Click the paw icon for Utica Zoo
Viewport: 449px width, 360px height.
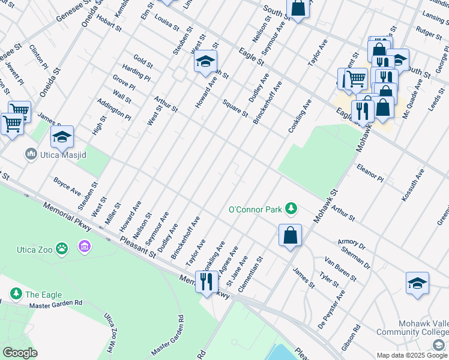pyautogui.click(x=62, y=247)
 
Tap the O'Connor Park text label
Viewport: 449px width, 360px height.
pyautogui.click(x=255, y=210)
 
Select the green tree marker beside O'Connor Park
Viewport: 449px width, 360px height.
pyautogui.click(x=291, y=208)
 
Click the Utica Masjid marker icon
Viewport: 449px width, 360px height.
pyautogui.click(x=31, y=155)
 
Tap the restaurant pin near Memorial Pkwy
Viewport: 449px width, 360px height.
pyautogui.click(x=206, y=281)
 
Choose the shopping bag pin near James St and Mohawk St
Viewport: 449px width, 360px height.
pyautogui.click(x=290, y=235)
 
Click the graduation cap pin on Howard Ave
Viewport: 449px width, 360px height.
pyautogui.click(x=205, y=61)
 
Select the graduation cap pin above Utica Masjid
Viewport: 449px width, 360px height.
pyautogui.click(x=62, y=137)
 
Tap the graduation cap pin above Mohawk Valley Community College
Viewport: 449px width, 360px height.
pyautogui.click(x=417, y=283)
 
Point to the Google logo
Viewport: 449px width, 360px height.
pyautogui.click(x=20, y=353)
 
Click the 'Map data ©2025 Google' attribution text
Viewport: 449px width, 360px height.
pyautogui.click(x=412, y=355)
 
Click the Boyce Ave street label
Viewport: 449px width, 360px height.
pyautogui.click(x=67, y=185)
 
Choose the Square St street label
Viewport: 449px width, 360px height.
pyautogui.click(x=235, y=108)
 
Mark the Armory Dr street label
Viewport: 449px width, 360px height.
pyautogui.click(x=351, y=243)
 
